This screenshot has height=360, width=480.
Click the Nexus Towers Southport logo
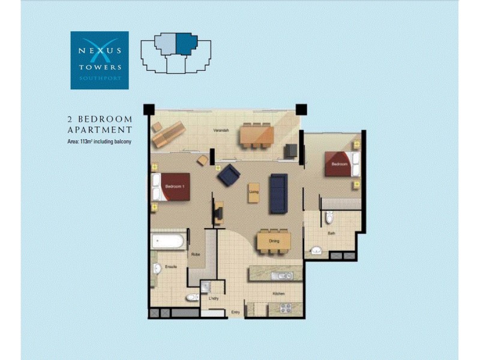pos(100,60)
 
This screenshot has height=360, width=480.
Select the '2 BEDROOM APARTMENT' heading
pos(100,124)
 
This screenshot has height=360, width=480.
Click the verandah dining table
pos(257,136)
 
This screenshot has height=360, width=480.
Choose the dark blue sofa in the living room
pos(278,193)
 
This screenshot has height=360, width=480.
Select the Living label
pos(254,192)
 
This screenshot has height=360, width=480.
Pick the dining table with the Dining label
pos(274,241)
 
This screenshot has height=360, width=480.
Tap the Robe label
pos(196,254)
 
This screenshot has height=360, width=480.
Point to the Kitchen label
pos(278,294)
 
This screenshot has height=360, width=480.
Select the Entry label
pos(236,313)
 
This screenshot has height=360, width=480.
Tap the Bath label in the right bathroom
pos(331,233)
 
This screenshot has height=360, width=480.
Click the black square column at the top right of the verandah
pos(301,110)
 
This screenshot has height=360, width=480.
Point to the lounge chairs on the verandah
pos(168,134)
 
